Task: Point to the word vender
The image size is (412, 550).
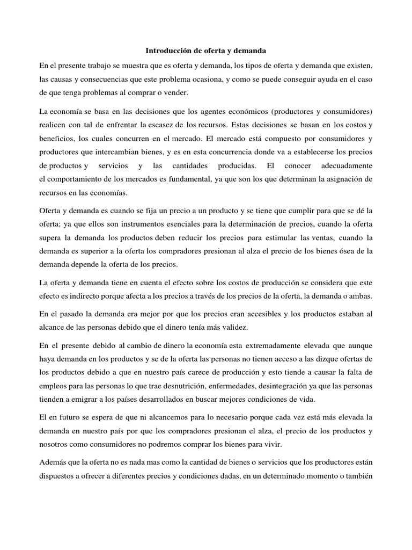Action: click(175, 93)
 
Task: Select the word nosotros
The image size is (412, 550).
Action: click(57, 444)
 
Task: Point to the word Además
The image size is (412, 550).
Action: click(55, 462)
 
